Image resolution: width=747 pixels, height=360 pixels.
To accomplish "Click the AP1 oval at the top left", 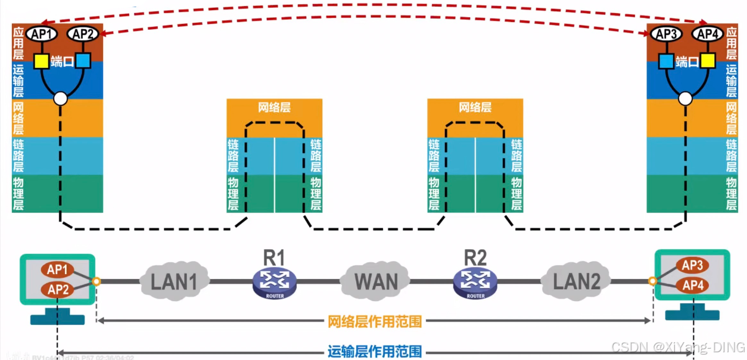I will [41, 35].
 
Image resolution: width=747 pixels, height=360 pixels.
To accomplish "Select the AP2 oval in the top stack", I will [82, 35].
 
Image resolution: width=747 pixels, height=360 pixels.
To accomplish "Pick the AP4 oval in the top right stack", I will [707, 35].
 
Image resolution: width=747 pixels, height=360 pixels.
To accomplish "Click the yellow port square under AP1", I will [41, 60].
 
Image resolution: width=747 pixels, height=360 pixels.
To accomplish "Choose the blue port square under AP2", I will [83, 60].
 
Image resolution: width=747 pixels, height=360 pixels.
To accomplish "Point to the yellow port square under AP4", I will [708, 60].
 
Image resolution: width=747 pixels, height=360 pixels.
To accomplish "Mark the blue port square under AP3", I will [666, 60].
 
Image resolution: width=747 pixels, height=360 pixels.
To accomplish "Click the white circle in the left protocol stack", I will [60, 99].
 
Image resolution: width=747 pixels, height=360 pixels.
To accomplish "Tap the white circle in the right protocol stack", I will [686, 99].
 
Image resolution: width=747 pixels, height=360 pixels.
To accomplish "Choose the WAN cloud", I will [376, 281].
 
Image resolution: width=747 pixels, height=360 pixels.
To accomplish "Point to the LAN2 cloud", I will [577, 281].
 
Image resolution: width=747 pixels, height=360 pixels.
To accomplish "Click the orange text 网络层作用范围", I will [375, 322].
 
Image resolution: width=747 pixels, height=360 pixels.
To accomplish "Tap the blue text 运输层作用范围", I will [375, 352].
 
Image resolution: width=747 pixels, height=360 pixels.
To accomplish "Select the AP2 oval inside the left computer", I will [58, 290].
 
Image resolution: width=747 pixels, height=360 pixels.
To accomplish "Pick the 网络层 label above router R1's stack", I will [275, 108].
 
